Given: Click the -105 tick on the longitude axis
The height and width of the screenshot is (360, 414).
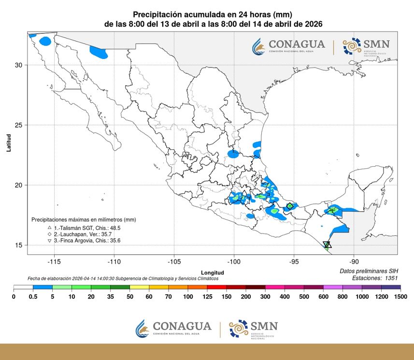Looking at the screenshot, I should click(x=174, y=261).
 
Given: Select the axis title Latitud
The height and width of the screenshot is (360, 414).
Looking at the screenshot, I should click(x=9, y=143).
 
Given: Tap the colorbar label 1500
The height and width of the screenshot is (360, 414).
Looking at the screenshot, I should click(x=400, y=297).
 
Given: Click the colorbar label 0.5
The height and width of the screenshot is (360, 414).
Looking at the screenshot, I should click(x=33, y=297).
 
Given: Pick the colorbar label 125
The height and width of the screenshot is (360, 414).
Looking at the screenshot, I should click(x=208, y=297).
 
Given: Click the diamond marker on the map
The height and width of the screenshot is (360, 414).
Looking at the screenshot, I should click(x=290, y=206).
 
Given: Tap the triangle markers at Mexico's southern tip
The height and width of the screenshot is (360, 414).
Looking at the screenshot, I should click(x=327, y=245).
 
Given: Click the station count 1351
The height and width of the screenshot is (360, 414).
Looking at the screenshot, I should click(x=388, y=278).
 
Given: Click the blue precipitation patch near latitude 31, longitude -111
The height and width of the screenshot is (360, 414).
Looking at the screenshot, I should click(x=99, y=52).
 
